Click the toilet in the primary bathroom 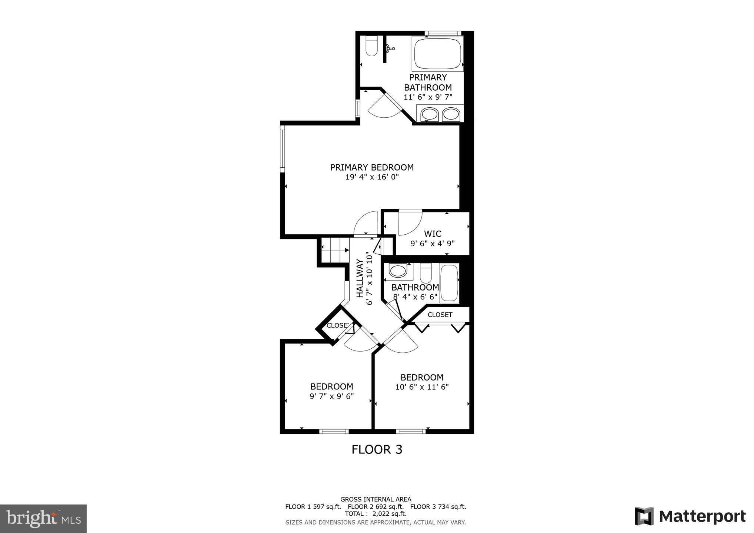click(371, 47)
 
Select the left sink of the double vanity click(429, 114)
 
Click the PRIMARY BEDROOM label click(372, 167)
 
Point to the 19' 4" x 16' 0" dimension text click(372, 177)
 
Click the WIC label click(433, 234)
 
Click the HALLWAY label click(360, 278)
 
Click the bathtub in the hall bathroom click(449, 283)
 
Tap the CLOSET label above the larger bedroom click(440, 315)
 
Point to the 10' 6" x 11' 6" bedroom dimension click(422, 387)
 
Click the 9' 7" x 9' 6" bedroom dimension click(331, 396)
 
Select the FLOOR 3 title click(377, 450)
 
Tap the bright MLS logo click(43, 519)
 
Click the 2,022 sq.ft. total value click(389, 514)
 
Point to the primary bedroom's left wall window click(282, 148)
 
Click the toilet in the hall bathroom click(426, 273)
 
